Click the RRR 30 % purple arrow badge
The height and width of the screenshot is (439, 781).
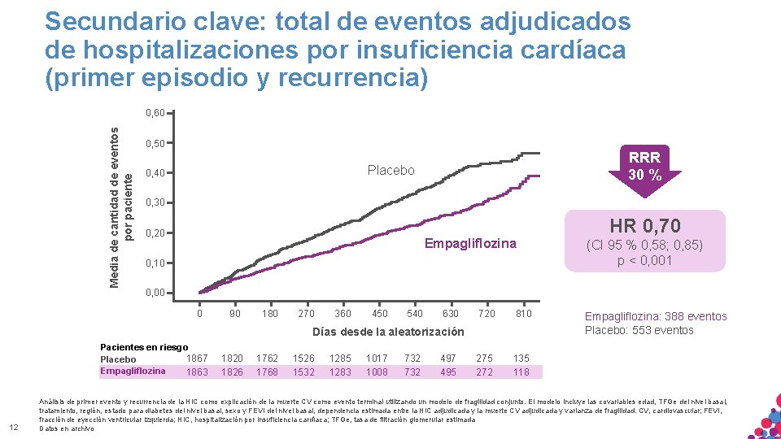coord(644,168)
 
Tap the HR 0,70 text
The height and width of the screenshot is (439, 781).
coord(644,225)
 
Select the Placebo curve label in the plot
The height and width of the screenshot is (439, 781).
coord(390,170)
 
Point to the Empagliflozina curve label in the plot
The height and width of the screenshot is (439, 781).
coord(470,244)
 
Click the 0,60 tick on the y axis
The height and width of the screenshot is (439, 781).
coord(155,112)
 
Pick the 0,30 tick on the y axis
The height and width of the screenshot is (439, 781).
coord(155,202)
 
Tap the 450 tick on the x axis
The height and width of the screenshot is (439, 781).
coord(379,313)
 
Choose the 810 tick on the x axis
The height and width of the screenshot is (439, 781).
coord(523,313)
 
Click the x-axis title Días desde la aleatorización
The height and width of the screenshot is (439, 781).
coord(388,332)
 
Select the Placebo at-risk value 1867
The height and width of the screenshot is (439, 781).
coord(197,358)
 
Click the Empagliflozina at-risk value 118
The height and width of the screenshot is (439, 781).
coord(521,372)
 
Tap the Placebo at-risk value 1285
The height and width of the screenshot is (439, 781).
coord(341,358)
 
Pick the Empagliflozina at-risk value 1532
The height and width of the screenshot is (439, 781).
coord(303,372)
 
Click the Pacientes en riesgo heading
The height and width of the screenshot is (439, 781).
coord(143,347)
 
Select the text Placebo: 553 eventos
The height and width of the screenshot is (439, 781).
coord(639,330)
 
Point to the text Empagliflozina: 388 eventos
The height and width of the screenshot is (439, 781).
coord(656,316)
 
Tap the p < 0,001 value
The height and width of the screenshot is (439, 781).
coord(644,260)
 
